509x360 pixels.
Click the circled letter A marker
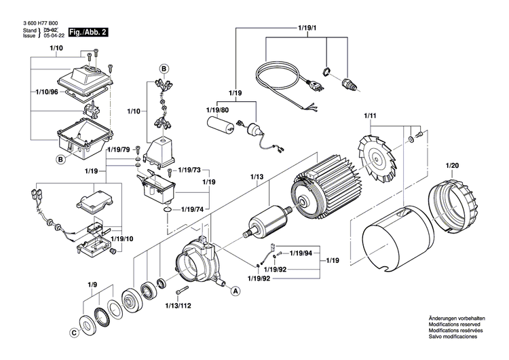235,290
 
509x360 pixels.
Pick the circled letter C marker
73,333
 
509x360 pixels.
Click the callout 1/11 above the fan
370,118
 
